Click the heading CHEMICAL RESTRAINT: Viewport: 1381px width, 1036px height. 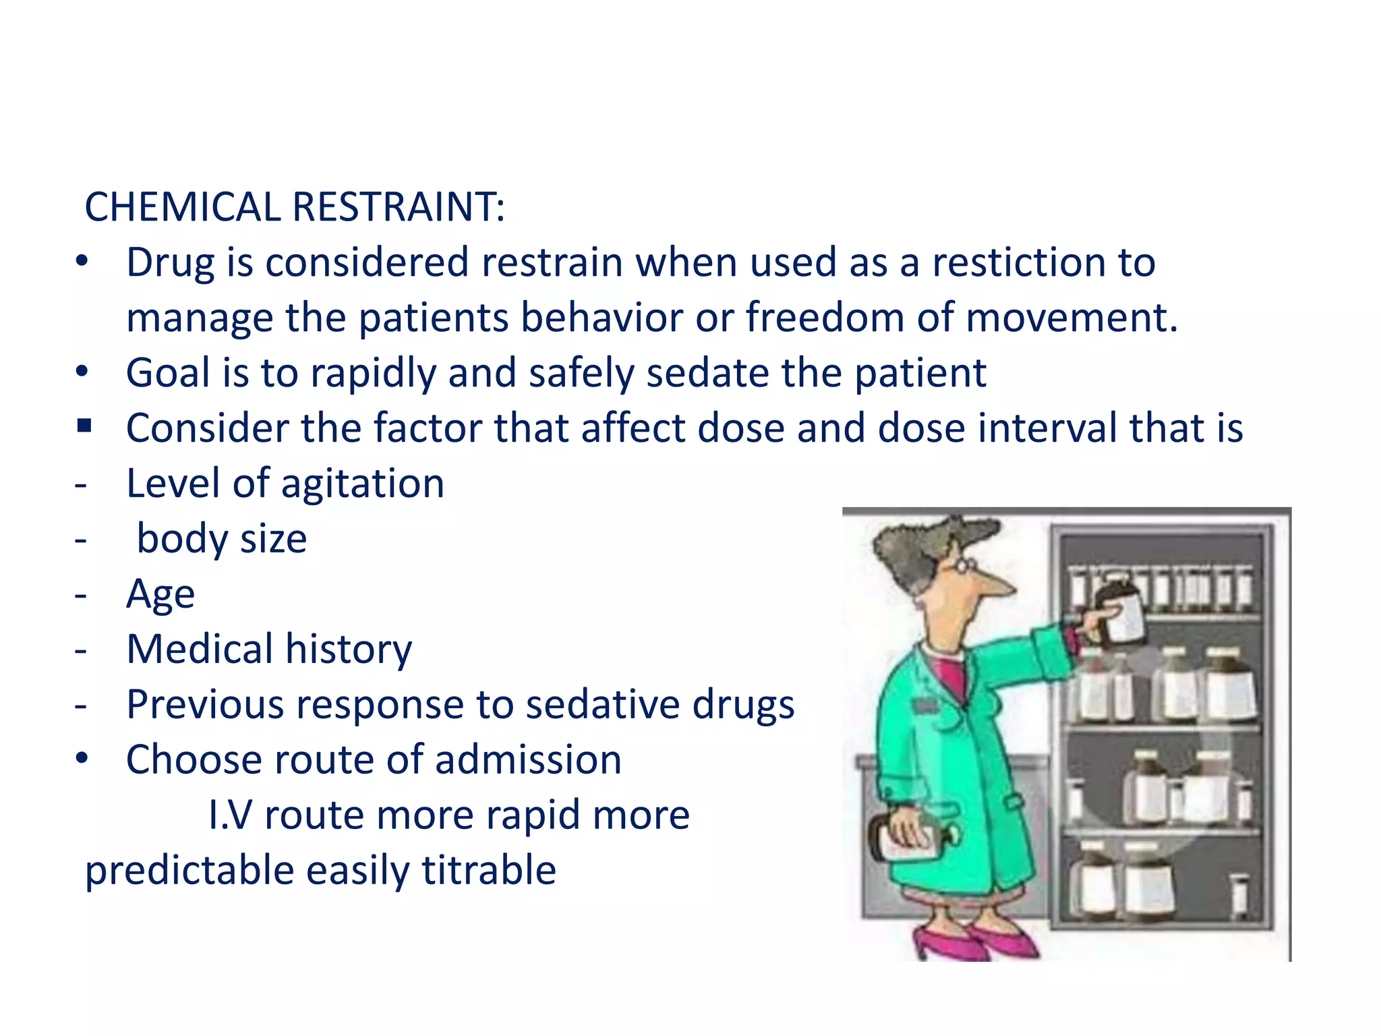(x=294, y=206)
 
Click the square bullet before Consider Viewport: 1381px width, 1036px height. (x=84, y=426)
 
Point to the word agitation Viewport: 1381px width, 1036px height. (x=362, y=484)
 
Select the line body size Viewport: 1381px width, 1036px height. (x=221, y=539)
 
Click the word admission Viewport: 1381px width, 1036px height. (x=527, y=759)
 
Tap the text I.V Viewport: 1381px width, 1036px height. (x=229, y=815)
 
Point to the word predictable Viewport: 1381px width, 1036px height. (x=189, y=871)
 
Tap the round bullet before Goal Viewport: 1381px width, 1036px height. (x=82, y=372)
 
